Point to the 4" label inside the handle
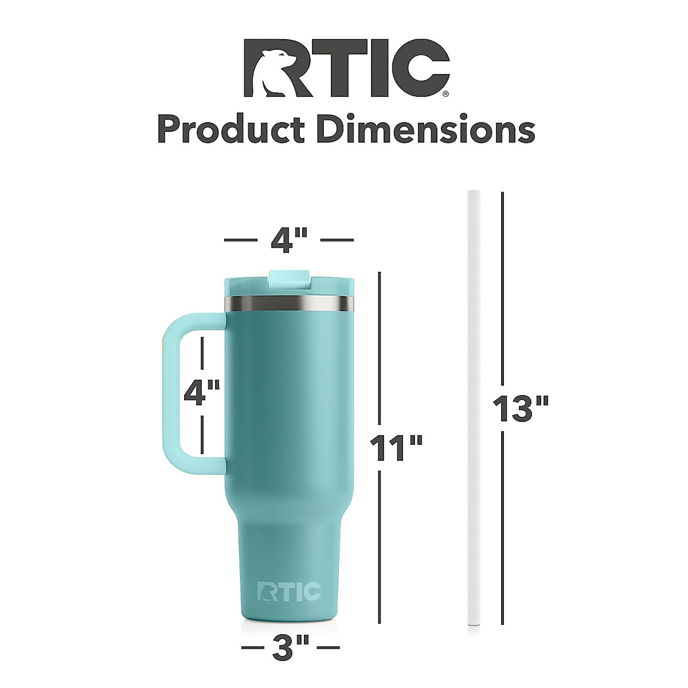[x=202, y=393]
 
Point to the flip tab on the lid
[x=289, y=280]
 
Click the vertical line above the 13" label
[x=503, y=287]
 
